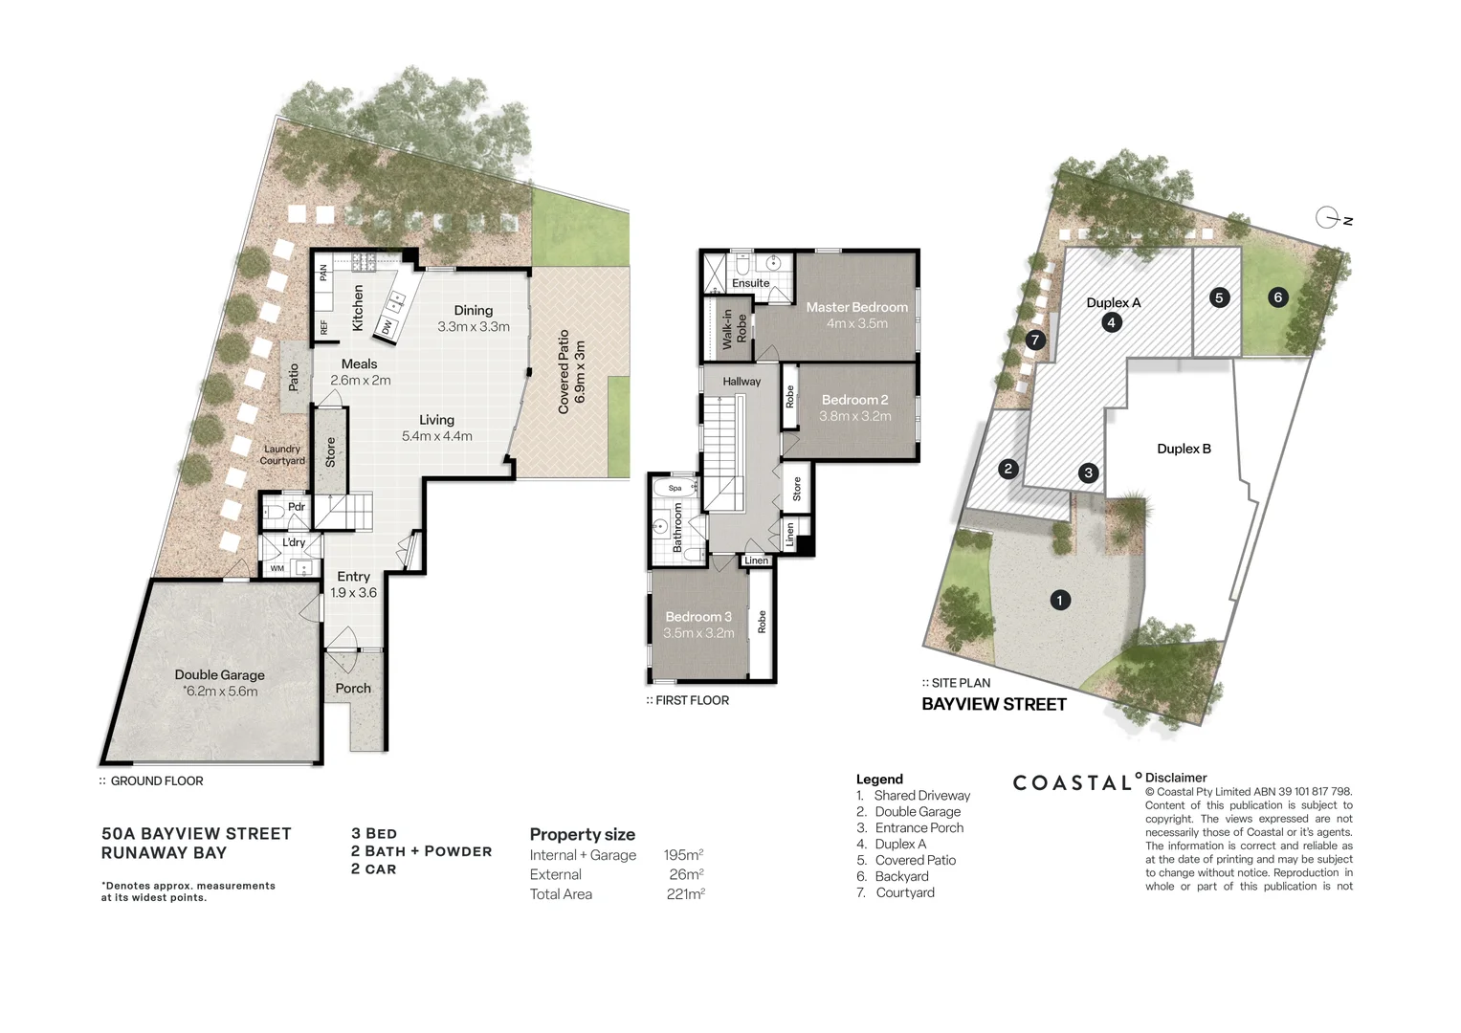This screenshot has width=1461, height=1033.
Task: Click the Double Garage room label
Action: pos(219,674)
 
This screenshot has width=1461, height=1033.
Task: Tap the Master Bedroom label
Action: pos(856,307)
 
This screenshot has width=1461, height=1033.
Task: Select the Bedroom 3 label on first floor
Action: pos(698,617)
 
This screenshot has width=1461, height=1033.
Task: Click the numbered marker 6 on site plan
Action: pos(1277,297)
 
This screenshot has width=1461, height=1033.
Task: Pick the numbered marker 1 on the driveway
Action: pos(1059,601)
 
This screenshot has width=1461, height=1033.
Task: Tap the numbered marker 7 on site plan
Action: pos(1034,340)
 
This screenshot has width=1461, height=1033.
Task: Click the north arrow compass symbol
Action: pos(1328,218)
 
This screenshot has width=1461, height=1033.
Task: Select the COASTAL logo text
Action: pos(1073,783)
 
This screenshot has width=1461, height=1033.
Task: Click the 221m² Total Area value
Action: pos(685,894)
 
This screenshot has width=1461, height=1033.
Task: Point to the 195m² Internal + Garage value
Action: pos(683,855)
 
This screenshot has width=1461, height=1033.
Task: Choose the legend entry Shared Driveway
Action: pos(921,796)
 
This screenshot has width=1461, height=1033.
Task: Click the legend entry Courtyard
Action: pos(905,892)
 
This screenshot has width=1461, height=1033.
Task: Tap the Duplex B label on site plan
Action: pos(1184,449)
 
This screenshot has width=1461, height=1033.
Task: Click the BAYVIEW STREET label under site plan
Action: pos(994,705)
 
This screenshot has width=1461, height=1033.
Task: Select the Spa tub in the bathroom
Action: pos(675,488)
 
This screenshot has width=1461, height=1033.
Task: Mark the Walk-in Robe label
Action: pos(734,327)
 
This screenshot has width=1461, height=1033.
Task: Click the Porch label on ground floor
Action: pos(353,689)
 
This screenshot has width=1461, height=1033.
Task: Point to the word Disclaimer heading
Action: pos(1176,778)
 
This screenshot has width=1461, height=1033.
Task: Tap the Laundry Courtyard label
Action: pos(282,454)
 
